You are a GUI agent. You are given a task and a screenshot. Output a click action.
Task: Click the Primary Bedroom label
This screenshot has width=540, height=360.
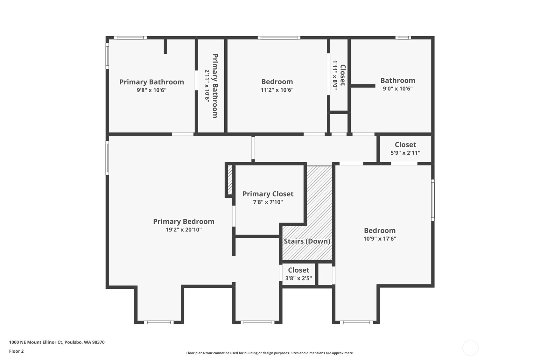click(x=184, y=221)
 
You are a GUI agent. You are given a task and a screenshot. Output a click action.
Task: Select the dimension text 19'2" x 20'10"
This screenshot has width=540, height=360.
click(x=184, y=229)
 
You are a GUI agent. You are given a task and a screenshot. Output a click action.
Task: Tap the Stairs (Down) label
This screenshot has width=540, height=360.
click(x=307, y=241)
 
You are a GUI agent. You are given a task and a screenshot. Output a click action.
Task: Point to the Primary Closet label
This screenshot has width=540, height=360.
click(x=268, y=194)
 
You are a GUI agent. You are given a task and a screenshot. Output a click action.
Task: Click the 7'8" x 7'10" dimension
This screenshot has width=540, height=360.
click(x=268, y=202)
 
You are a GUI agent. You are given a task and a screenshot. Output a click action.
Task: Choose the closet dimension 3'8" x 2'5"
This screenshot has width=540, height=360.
click(x=298, y=278)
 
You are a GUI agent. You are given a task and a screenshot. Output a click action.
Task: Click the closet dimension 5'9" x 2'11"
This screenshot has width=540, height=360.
click(x=405, y=153)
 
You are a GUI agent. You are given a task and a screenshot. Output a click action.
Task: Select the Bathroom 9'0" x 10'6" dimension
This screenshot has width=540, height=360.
click(x=398, y=88)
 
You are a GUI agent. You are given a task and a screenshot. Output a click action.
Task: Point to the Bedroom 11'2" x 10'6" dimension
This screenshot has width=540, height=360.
click(x=277, y=90)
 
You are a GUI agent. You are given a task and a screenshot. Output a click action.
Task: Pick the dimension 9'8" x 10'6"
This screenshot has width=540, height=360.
click(x=152, y=90)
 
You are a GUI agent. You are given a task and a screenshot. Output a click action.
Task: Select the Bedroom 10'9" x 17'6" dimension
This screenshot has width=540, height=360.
click(x=380, y=239)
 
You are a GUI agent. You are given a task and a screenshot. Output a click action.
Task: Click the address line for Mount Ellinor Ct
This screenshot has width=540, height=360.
click(x=57, y=342)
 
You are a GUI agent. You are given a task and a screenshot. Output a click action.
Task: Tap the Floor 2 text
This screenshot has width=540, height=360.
click(x=17, y=351)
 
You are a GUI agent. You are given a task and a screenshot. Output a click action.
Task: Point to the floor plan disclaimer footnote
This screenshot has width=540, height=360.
click(x=270, y=353)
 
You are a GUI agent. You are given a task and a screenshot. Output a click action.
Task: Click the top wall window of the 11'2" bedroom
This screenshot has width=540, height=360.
click(x=279, y=38)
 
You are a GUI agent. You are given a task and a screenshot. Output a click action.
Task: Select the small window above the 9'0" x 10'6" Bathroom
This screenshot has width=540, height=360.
click(x=403, y=38)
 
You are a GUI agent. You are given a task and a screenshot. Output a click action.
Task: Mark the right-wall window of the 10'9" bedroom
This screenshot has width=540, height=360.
click(x=433, y=200)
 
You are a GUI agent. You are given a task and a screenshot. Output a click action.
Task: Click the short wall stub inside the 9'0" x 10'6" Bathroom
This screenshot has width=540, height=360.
click(x=363, y=86)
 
